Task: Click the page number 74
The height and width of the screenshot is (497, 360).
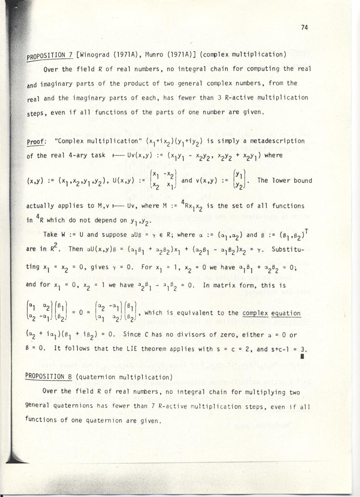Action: click(304, 28)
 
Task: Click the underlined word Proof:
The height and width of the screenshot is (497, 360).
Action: click(36, 141)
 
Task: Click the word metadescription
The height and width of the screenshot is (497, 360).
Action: click(278, 141)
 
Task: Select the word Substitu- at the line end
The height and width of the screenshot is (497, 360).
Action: click(296, 247)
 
